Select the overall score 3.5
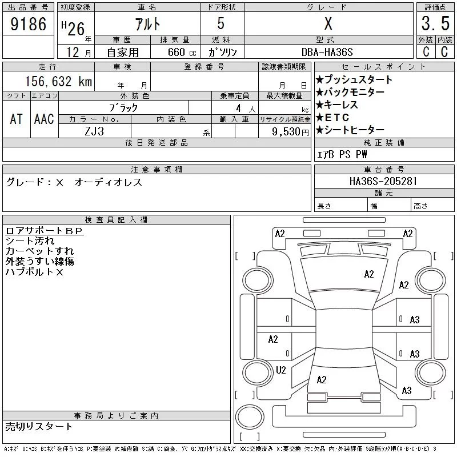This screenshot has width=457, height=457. [x=435, y=25]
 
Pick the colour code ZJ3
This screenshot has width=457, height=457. [x=95, y=131]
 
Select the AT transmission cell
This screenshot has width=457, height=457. [x=17, y=119]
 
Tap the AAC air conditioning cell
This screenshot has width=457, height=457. [x=44, y=119]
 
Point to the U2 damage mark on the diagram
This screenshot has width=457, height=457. [x=280, y=370]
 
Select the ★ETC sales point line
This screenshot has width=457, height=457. [x=337, y=117]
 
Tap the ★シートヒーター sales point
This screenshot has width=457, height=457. [x=350, y=130]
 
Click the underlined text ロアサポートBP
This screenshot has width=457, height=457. [x=45, y=231]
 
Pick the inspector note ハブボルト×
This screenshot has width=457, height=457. [x=34, y=272]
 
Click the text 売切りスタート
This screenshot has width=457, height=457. [x=39, y=426]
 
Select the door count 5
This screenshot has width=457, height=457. [x=221, y=24]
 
